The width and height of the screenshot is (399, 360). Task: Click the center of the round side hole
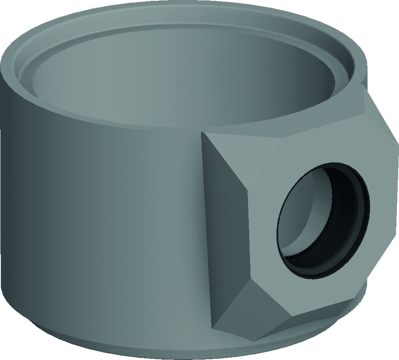pos(323,218)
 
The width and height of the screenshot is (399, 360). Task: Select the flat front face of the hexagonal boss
pos(269,168)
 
